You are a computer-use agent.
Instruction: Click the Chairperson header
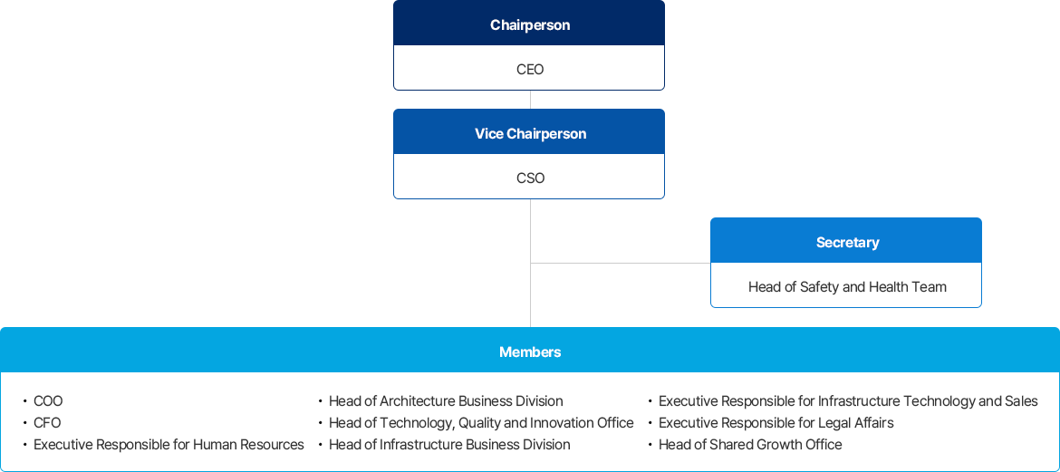tap(530, 25)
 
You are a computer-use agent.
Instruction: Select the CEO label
tap(530, 69)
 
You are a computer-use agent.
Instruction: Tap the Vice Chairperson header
tap(530, 133)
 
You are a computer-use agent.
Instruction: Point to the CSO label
tap(530, 178)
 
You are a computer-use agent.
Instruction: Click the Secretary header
tap(847, 242)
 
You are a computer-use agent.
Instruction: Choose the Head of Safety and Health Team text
tap(847, 286)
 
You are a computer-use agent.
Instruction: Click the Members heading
tap(530, 352)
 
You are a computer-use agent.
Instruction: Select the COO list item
tap(48, 401)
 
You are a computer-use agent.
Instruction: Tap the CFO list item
tap(47, 423)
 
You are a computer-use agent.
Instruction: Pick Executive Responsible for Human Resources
tap(169, 444)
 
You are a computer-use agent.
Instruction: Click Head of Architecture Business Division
tap(446, 401)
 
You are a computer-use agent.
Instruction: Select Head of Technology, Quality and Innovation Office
tap(481, 423)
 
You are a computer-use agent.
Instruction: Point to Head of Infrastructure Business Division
tap(449, 444)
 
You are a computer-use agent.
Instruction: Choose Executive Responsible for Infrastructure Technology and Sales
tap(848, 401)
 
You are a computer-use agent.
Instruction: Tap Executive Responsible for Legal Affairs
tap(776, 423)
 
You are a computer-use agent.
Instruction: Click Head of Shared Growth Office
tap(750, 444)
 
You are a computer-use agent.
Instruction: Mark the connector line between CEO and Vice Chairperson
tap(530, 100)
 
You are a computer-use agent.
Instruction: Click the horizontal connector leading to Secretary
tap(621, 263)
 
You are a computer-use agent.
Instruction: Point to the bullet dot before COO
tap(25, 401)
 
